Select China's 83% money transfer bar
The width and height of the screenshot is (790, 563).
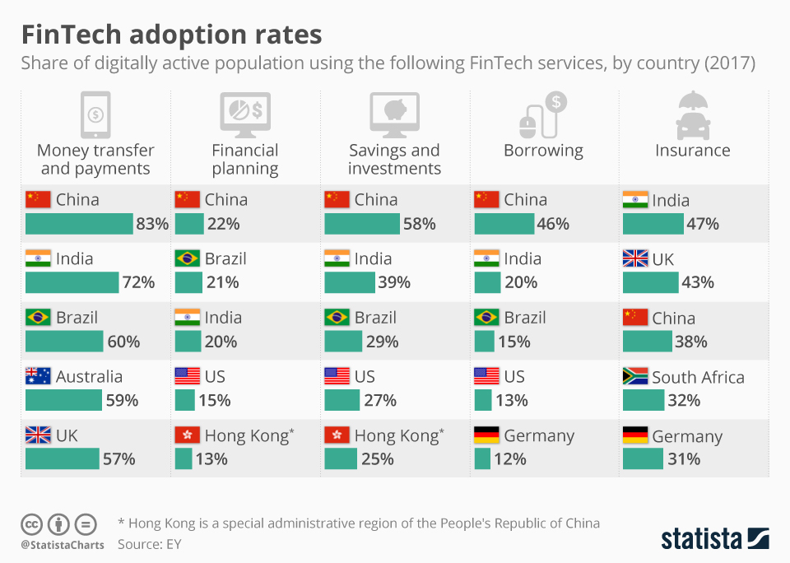pos(78,224)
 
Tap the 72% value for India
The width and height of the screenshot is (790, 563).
pos(137,283)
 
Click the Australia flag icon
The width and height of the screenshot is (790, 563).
pos(38,377)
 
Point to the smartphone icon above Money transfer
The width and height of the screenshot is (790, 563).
pos(95,114)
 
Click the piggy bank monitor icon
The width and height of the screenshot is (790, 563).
pos(394,114)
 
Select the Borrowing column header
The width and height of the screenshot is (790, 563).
pos(543,151)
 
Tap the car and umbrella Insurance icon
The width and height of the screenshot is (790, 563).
pos(692,114)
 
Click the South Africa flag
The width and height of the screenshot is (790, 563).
pos(635,377)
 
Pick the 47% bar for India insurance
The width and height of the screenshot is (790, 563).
pos(653,224)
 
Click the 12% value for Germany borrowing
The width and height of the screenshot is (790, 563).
pos(510,459)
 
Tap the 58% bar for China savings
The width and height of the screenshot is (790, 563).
pos(361,224)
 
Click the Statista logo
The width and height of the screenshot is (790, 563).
pos(714,539)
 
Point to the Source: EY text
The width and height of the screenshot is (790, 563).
pos(149,544)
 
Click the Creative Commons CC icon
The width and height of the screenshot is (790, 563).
pos(31,523)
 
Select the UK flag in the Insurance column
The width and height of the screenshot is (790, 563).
pos(635,259)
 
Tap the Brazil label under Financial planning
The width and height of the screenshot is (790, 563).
pos(225,258)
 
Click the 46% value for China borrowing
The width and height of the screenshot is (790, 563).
pos(554,224)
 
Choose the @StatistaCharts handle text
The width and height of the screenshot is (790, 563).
pos(63,545)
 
